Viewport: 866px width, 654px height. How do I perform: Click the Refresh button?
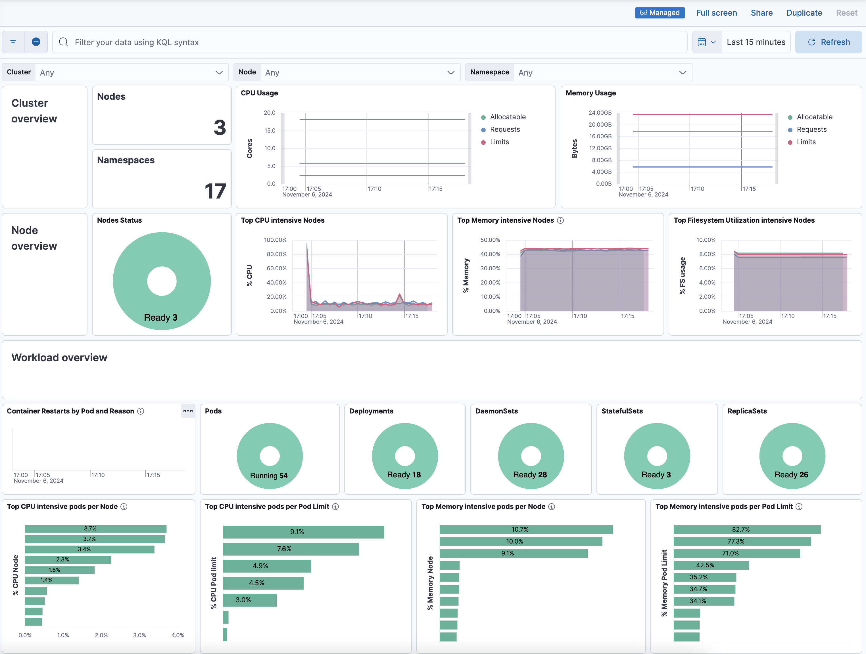[x=829, y=42]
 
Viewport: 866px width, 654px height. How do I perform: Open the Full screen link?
[x=716, y=13]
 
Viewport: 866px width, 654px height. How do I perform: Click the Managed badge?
[x=660, y=13]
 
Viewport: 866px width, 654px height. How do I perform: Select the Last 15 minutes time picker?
[x=756, y=42]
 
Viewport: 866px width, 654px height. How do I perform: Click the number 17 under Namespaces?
[x=215, y=191]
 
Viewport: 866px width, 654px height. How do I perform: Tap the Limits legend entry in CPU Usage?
[x=499, y=142]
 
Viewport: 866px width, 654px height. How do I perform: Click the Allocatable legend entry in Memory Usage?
[x=814, y=117]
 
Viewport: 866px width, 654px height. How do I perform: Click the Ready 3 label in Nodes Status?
[x=160, y=317]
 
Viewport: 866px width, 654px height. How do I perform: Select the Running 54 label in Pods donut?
[x=269, y=476]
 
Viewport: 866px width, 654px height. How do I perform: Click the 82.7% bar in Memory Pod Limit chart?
[x=747, y=530]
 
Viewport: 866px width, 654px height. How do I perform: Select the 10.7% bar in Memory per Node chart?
[x=526, y=530]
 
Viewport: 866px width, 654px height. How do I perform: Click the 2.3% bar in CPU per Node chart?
[x=68, y=560]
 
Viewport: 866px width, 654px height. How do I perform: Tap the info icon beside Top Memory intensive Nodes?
[x=560, y=220]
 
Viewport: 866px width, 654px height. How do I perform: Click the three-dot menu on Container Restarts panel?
[x=188, y=411]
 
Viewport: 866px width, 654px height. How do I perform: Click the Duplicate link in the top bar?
[x=804, y=13]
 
